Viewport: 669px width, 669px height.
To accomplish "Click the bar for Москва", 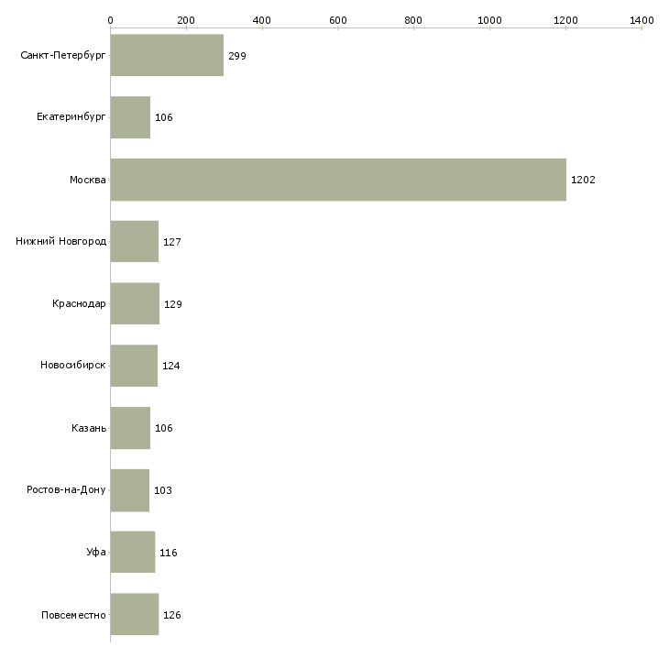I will tap(338, 180).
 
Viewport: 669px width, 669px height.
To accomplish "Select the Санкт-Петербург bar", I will tap(167, 56).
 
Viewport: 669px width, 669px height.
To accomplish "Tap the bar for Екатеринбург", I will tap(130, 117).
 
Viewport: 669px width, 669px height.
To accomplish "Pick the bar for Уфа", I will tap(132, 553).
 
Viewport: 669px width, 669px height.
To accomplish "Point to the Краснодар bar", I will tap(135, 304).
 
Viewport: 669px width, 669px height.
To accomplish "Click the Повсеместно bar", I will tap(134, 615).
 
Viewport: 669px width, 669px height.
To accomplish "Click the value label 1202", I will tap(583, 180).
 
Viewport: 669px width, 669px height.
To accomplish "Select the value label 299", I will tap(237, 56).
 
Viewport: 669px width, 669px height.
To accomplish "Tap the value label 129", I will tap(173, 304).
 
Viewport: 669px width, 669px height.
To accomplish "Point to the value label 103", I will tap(163, 490).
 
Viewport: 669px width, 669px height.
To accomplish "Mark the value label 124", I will tap(171, 367).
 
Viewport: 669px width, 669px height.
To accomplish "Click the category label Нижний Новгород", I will tap(61, 242).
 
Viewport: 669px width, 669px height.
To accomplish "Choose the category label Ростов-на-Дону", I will tap(67, 490).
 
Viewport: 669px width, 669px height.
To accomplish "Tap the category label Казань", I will tap(89, 428).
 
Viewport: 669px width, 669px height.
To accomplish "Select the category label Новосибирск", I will tap(73, 367).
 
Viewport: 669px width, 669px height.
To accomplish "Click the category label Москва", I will tap(88, 180).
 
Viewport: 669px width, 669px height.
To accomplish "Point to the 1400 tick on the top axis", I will tap(642, 19).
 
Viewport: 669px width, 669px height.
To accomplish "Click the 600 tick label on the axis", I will tap(338, 19).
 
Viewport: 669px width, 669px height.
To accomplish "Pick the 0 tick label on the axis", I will tap(111, 19).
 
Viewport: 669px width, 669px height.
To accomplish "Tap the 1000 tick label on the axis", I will tap(489, 19).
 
